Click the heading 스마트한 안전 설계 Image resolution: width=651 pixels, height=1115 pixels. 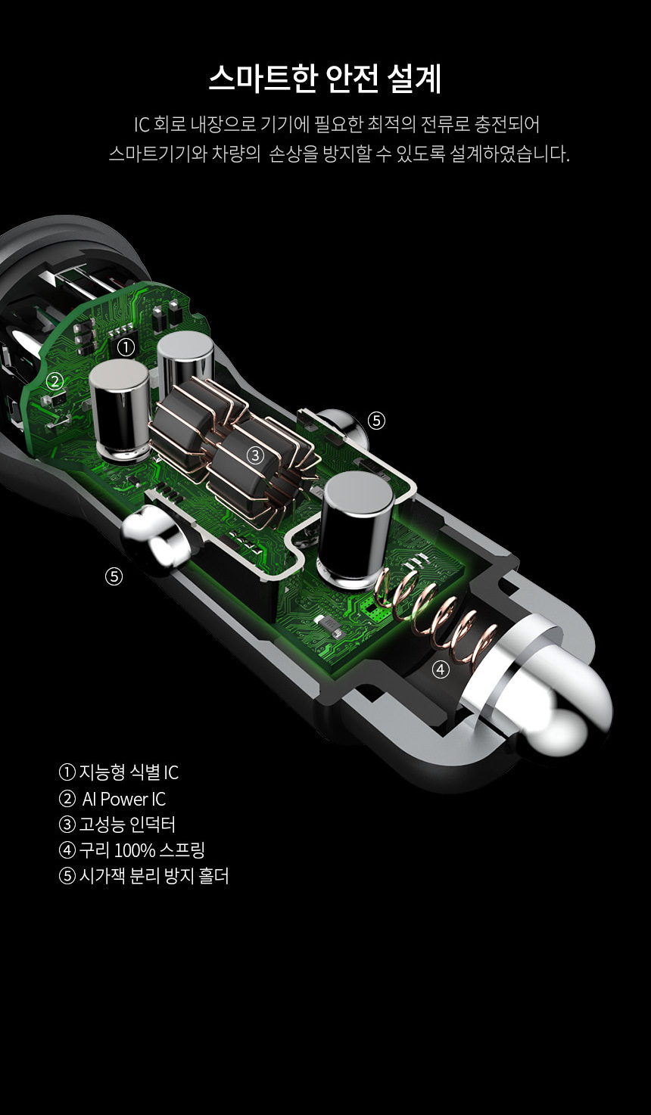coord(325,78)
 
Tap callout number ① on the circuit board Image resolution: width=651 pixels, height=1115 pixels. coord(126,347)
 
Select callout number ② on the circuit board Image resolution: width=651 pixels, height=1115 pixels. coord(55,381)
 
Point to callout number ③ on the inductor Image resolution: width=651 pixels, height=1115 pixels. coord(256,455)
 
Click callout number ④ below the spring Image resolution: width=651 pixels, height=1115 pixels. coord(441,669)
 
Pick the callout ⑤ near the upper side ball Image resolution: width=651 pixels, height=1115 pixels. coord(376,421)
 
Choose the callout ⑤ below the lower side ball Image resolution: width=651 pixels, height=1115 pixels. coord(114,576)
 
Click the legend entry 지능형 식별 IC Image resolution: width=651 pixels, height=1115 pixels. coord(119,772)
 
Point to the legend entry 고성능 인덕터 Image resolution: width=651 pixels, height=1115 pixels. coord(117,825)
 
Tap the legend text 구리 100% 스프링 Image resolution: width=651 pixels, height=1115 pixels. coord(132,850)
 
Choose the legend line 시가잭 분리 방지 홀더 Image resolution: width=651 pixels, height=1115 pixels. coord(144,876)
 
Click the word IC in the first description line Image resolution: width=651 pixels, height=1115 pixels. coord(142,125)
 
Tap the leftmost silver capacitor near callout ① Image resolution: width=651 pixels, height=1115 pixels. coord(120,411)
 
